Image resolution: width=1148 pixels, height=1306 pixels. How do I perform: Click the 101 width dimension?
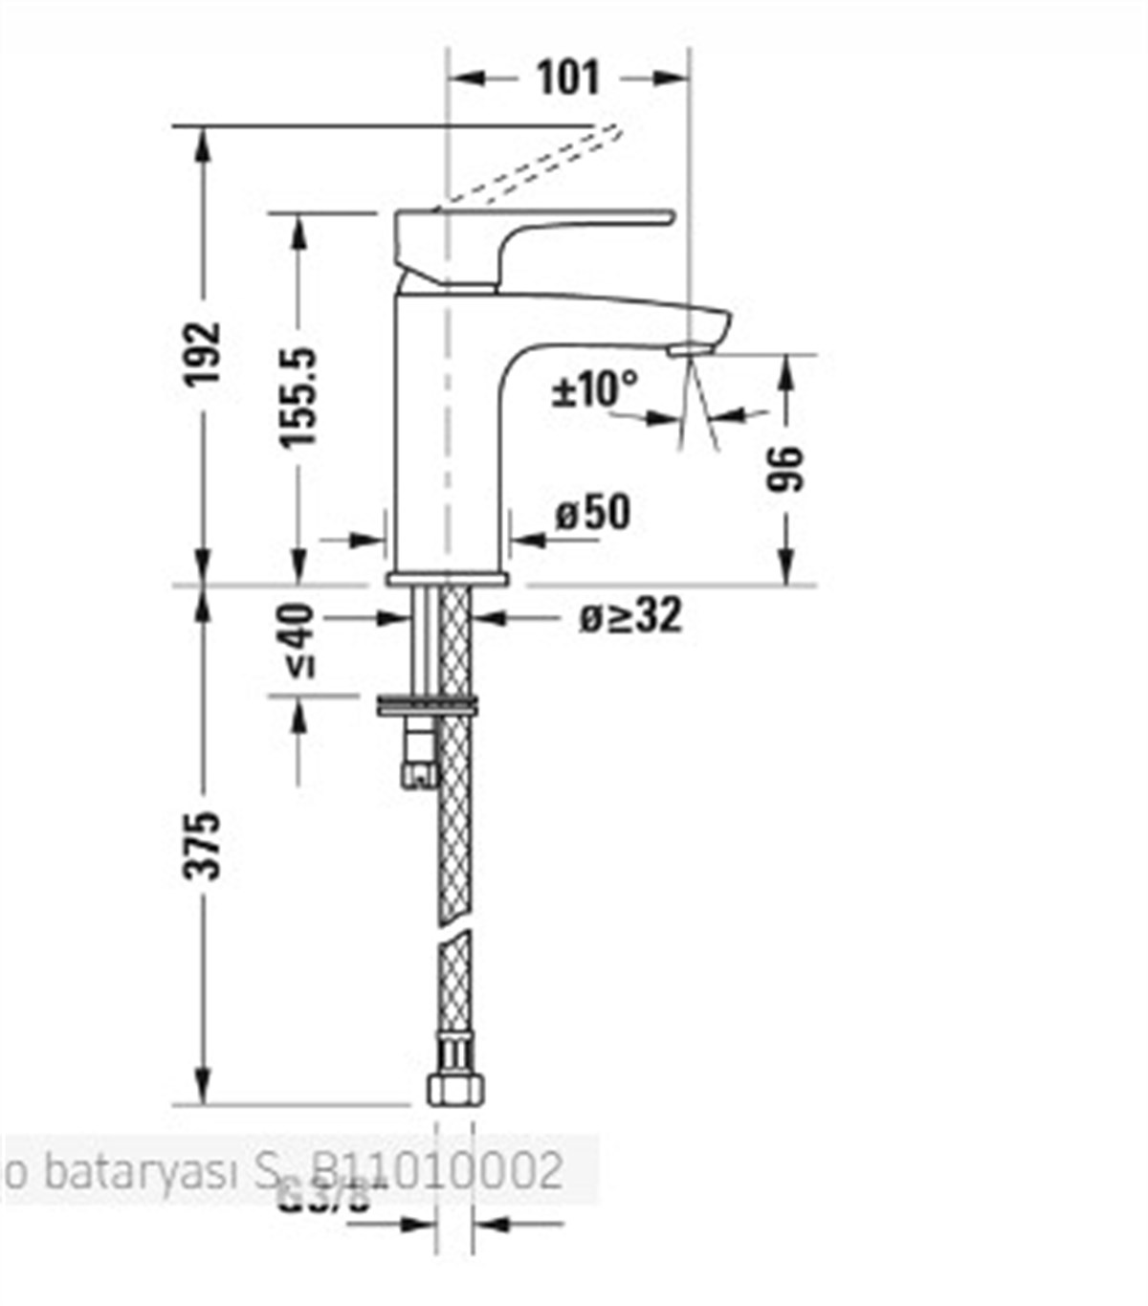[567, 77]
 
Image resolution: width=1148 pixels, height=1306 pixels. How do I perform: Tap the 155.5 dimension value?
[298, 397]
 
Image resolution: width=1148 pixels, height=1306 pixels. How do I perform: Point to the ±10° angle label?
[594, 389]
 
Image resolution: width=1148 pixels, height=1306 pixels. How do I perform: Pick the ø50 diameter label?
[593, 514]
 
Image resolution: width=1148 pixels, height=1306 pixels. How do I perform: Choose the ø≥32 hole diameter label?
[630, 617]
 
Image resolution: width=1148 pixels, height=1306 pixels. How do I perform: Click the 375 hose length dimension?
[203, 845]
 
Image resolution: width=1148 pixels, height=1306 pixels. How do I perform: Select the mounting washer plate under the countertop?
[428, 706]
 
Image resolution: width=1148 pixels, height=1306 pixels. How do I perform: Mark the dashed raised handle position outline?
[531, 167]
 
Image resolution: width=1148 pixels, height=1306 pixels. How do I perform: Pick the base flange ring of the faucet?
[447, 579]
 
